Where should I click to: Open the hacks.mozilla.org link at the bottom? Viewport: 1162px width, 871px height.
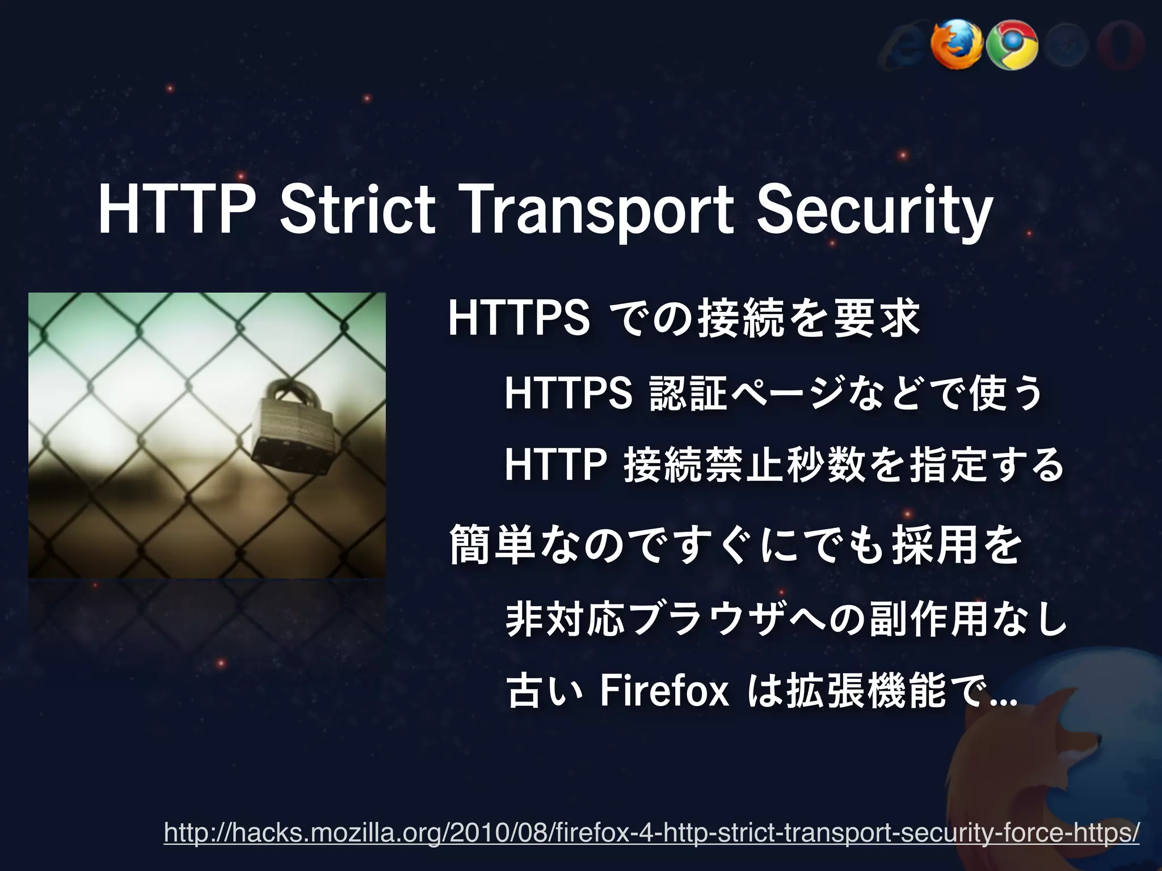(x=651, y=833)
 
